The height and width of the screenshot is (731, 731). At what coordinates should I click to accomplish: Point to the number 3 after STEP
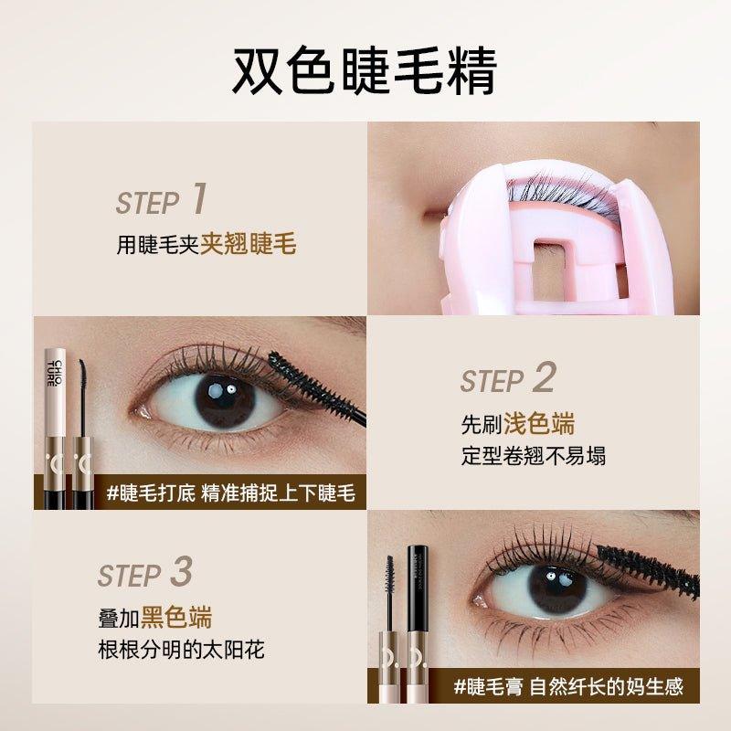[181, 572]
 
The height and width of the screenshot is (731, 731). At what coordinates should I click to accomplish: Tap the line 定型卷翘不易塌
[533, 455]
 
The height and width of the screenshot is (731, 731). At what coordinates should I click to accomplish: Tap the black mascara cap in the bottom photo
[423, 585]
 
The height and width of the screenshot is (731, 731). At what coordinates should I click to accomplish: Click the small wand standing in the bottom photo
[389, 594]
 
